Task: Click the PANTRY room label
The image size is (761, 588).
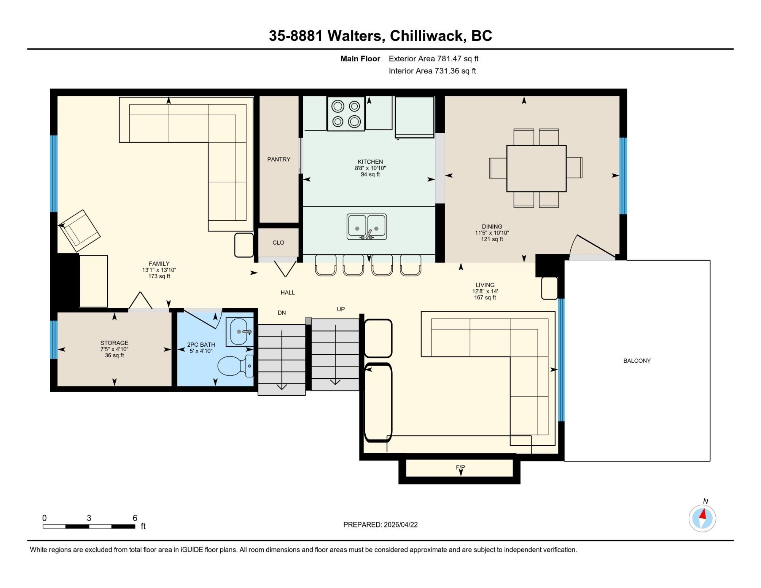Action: point(279,159)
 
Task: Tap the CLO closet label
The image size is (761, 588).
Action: point(278,242)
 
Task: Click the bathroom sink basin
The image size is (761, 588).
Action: point(239,332)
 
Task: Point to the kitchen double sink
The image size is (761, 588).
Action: point(367,227)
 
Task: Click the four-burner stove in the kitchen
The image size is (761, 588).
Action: point(346,113)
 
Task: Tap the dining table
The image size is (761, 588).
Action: point(536,168)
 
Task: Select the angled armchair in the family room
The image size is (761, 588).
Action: point(80,230)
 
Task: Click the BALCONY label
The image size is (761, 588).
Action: point(637,361)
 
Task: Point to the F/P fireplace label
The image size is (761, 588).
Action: point(460,467)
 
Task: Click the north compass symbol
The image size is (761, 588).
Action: point(702,518)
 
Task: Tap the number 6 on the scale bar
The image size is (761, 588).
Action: point(135,518)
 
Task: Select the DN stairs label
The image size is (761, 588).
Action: point(282,313)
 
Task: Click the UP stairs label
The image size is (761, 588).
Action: point(341,309)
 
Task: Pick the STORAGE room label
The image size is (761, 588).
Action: point(114,343)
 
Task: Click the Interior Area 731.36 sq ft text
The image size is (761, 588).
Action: point(432,71)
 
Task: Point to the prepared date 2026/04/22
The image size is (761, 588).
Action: point(401,524)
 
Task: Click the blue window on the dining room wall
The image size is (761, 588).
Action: point(623,176)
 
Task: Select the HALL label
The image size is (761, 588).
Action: point(288,293)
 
